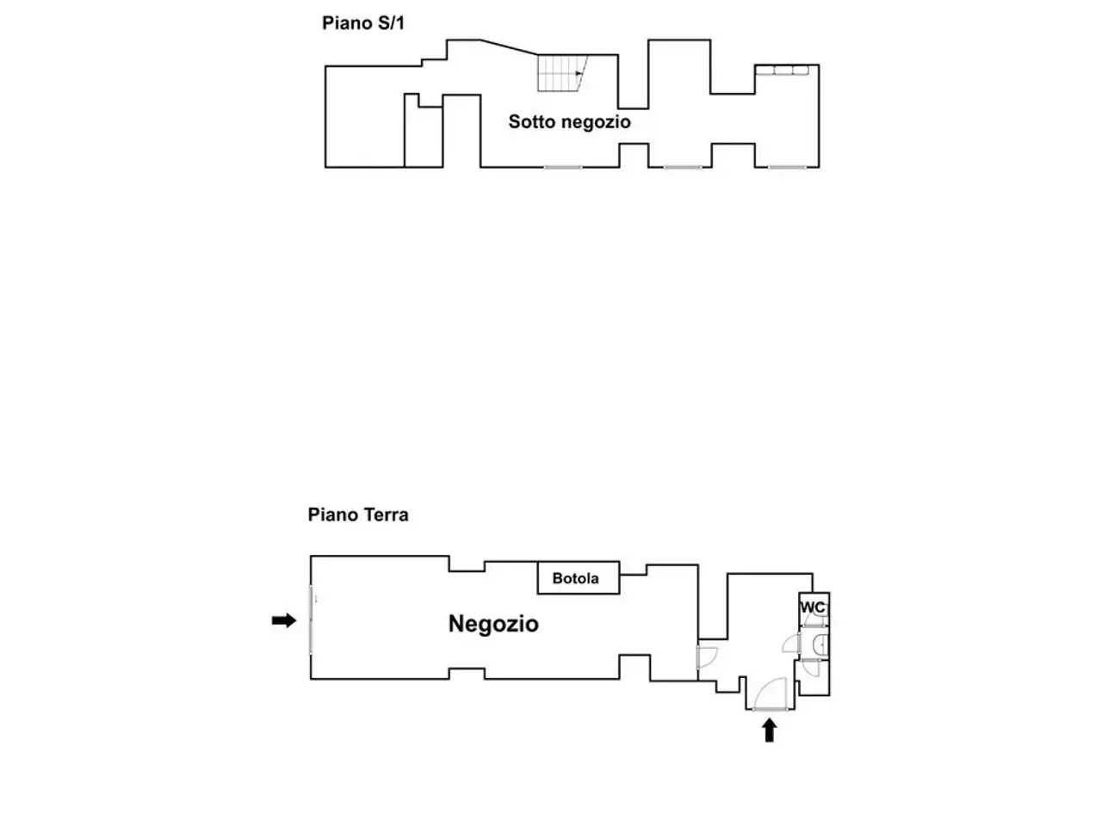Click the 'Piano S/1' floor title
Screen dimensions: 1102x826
[x=362, y=23]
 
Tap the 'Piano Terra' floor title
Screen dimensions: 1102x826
[x=357, y=515]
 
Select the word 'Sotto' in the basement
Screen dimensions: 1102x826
[x=531, y=121]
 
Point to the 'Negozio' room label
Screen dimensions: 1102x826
[x=493, y=624]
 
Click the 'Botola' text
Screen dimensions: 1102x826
[x=575, y=578]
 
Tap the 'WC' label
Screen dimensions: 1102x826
[x=812, y=607]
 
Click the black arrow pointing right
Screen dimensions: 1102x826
[x=283, y=620]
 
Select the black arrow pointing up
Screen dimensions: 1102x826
[x=769, y=730]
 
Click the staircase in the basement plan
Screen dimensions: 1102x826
[x=562, y=73]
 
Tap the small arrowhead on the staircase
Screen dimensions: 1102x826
[x=579, y=74]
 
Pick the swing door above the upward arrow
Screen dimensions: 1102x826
[x=770, y=693]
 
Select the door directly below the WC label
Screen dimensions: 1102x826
[x=814, y=620]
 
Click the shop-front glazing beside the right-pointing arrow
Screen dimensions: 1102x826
[x=311, y=619]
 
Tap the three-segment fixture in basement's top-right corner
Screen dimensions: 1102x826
[x=782, y=70]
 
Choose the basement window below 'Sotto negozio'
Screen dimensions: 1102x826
[x=563, y=167]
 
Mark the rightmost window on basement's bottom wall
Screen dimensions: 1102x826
[x=787, y=167]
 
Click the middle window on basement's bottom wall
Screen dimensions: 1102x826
[x=682, y=167]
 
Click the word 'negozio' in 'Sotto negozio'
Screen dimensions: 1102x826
[x=596, y=122]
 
